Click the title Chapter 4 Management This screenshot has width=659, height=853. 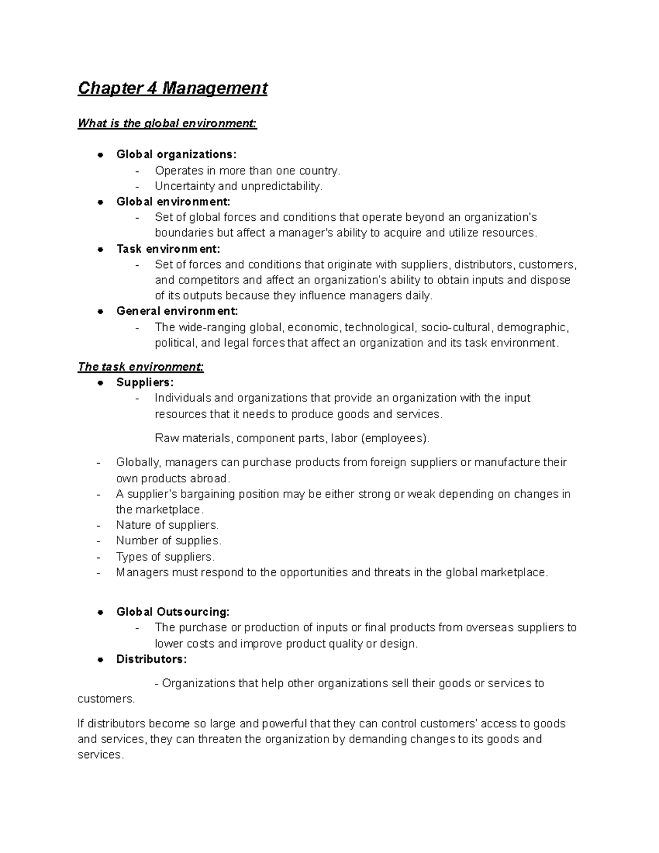tap(172, 88)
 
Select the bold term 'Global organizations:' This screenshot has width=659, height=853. tap(176, 154)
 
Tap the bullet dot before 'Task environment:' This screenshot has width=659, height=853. tap(100, 249)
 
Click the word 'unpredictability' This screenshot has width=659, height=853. tap(287, 186)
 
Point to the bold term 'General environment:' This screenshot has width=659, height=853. tap(177, 311)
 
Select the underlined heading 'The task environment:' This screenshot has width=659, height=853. tap(141, 366)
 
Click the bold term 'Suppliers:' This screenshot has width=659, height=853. tap(144, 382)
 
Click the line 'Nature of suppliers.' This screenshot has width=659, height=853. tap(167, 525)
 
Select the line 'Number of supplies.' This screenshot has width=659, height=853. tap(169, 540)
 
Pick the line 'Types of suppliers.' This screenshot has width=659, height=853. tap(165, 556)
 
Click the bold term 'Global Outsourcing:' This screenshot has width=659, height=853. tap(172, 611)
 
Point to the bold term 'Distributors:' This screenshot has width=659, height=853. tap(151, 659)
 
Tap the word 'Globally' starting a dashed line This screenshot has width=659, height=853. tap(138, 462)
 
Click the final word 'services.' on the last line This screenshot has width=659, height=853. tap(100, 755)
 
